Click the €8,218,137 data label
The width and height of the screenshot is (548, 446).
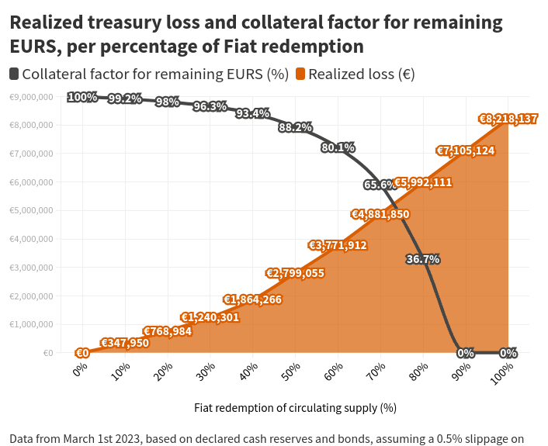(x=508, y=119)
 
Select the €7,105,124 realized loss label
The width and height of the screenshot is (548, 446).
(x=465, y=150)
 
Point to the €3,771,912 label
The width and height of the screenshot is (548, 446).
(x=338, y=245)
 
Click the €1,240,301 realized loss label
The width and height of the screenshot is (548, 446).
(x=210, y=317)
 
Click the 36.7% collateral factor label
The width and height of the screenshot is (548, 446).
(x=423, y=259)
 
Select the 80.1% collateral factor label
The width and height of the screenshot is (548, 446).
(x=338, y=147)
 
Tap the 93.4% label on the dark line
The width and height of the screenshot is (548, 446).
(x=252, y=113)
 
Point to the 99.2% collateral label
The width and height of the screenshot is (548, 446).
(x=125, y=99)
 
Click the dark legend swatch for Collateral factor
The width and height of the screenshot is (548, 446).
(x=15, y=74)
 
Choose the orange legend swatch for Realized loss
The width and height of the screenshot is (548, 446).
(x=300, y=74)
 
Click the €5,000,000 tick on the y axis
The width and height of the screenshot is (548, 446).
(x=31, y=210)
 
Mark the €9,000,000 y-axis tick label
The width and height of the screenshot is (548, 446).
(x=31, y=97)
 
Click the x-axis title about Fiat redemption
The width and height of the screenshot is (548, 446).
(x=295, y=407)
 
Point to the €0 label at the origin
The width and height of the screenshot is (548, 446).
(x=82, y=353)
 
